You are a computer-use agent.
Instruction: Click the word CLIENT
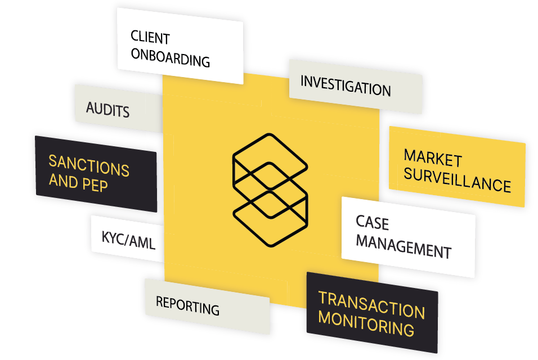coord(150,38)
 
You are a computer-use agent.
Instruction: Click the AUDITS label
coord(108,109)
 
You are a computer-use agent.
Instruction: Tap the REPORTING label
coord(187,305)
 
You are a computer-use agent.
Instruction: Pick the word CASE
coord(372,223)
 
